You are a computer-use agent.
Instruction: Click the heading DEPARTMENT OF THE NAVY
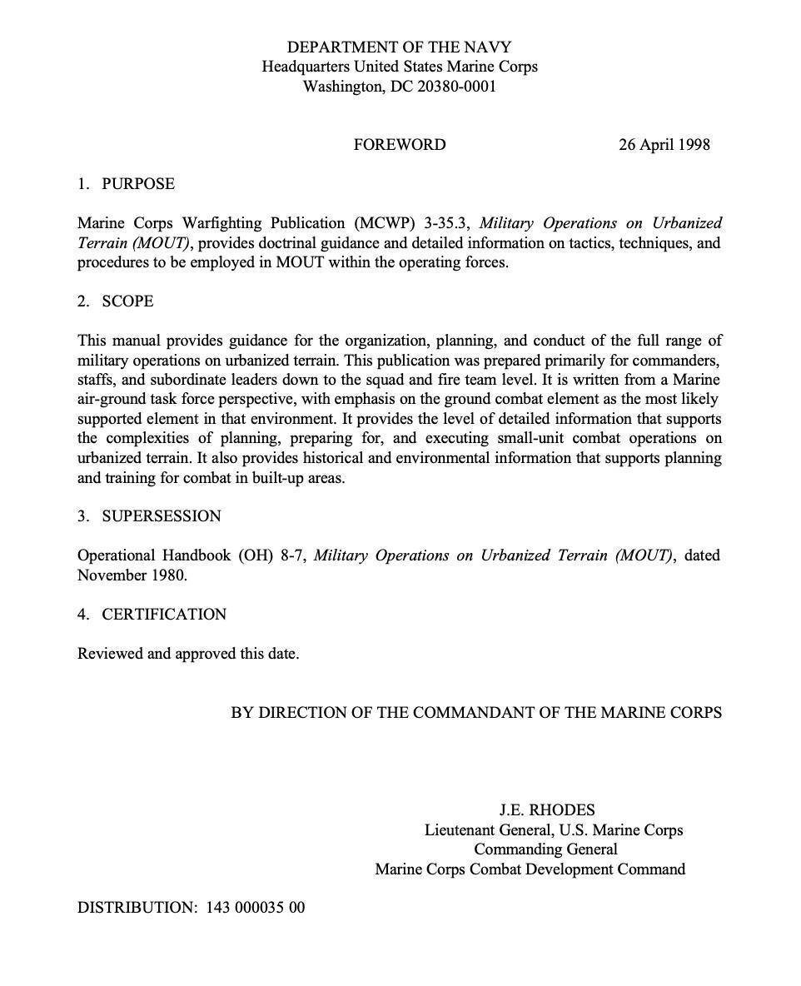click(x=399, y=47)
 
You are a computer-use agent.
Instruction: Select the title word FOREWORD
click(x=399, y=145)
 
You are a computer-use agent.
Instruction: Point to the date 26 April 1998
click(x=664, y=145)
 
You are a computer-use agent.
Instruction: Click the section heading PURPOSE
click(x=138, y=184)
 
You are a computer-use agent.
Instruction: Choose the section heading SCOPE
click(x=127, y=301)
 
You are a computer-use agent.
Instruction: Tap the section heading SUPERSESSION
click(x=162, y=516)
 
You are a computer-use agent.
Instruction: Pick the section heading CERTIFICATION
click(x=164, y=615)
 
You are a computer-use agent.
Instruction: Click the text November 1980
click(x=132, y=575)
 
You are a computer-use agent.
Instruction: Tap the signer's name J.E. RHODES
click(x=546, y=810)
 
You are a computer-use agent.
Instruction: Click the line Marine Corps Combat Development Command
click(x=530, y=869)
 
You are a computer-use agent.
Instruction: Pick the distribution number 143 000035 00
click(x=255, y=908)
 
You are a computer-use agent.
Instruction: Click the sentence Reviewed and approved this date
click(x=188, y=654)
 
